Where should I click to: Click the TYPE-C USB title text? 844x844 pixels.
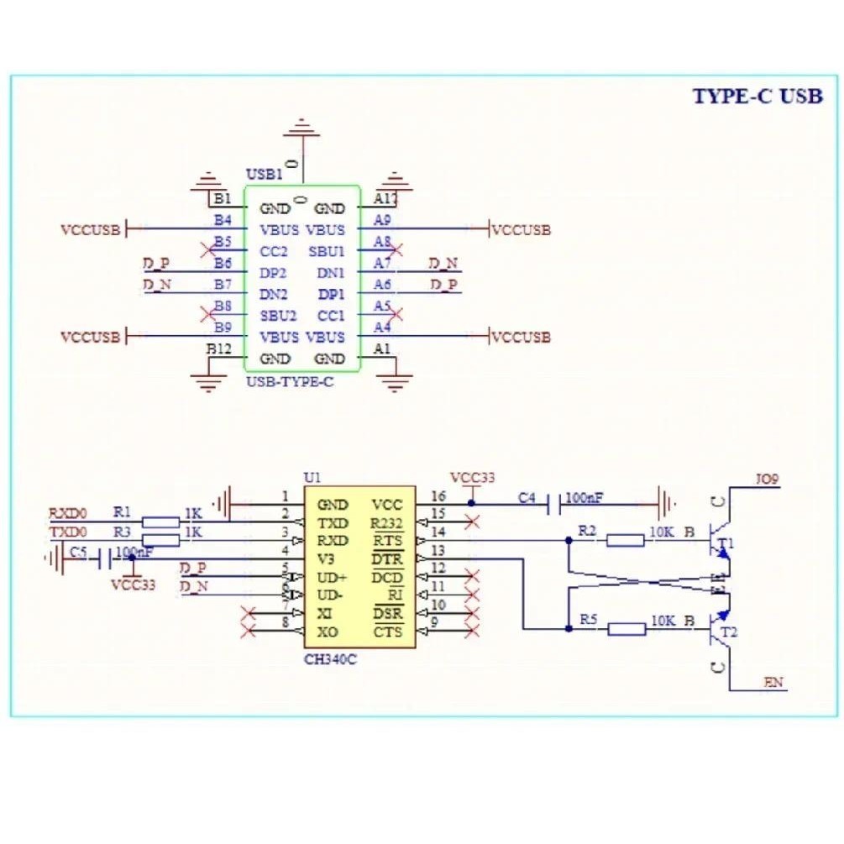point(757,96)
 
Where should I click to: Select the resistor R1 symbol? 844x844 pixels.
point(160,522)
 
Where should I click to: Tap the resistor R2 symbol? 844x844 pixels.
point(626,540)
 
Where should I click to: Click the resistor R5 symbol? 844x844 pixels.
point(626,628)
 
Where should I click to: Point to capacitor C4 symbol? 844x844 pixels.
point(554,505)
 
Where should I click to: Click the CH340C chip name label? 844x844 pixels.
point(330,659)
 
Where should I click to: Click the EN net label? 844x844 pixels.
point(773,683)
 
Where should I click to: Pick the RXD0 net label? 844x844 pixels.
point(67,512)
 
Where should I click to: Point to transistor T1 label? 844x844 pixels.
point(726,542)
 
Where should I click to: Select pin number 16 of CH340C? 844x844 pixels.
point(438,496)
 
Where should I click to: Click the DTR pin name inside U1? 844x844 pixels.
point(387,559)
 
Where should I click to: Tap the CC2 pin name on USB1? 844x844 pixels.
point(274,251)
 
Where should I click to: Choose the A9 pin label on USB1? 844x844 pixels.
point(382,220)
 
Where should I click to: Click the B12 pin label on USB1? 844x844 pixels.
point(219,348)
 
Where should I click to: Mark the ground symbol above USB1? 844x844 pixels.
point(301,130)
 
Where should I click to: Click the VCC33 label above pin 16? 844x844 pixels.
point(472,477)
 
